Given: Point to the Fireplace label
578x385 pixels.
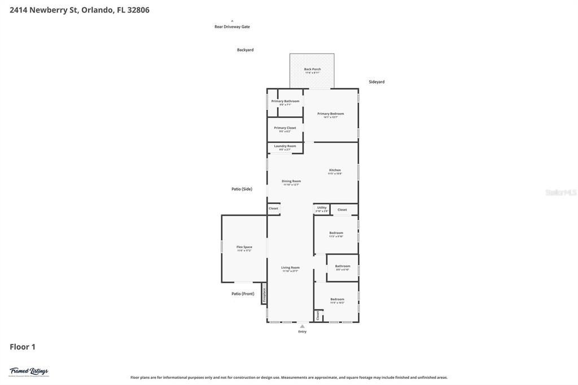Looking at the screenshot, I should click(x=264, y=294).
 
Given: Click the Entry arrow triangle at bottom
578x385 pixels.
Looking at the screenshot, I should click(x=302, y=326).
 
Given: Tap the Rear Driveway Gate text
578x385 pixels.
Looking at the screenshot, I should click(x=232, y=27).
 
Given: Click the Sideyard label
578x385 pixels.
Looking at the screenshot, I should click(x=376, y=82).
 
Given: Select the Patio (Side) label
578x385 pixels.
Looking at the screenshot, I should click(x=242, y=189).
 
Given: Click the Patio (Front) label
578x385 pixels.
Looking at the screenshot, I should click(x=243, y=294).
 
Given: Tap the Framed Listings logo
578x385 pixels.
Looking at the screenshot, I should click(x=29, y=371).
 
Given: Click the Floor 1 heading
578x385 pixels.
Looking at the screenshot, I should click(x=23, y=347).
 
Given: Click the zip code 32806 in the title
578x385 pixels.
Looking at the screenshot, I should click(x=138, y=10).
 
